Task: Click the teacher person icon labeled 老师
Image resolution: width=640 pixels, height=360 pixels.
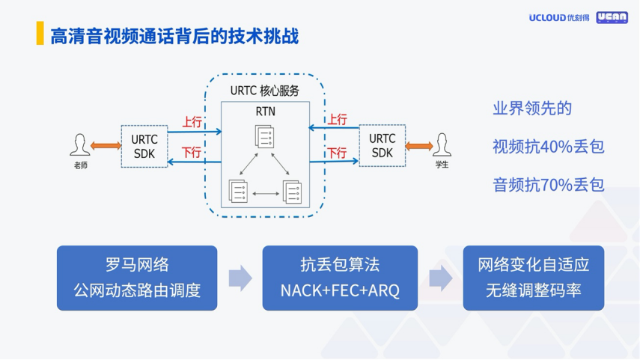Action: (79, 145)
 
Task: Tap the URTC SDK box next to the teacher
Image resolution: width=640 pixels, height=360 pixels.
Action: (144, 146)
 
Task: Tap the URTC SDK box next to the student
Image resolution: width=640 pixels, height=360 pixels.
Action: (382, 145)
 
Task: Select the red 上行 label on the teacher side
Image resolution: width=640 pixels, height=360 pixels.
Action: (192, 121)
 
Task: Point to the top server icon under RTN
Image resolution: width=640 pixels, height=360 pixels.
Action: (264, 136)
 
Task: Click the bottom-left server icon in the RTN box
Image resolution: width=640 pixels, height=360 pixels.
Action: (238, 192)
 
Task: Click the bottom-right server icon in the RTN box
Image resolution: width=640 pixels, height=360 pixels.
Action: (292, 192)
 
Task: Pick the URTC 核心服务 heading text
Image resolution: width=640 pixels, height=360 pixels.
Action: (264, 91)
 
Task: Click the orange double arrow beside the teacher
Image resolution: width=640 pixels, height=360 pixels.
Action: (104, 145)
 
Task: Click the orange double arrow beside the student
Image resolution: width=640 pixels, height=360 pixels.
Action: (419, 145)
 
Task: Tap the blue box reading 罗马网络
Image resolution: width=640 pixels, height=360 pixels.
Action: (137, 278)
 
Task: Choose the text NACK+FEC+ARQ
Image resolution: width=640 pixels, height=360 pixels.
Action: (340, 290)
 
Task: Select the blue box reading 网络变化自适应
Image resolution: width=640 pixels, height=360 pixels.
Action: (533, 278)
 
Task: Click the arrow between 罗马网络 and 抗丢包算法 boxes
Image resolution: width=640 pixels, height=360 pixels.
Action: (240, 278)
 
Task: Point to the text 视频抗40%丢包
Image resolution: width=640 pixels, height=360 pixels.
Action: (548, 147)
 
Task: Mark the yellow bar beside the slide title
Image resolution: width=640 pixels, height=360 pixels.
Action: (40, 34)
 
